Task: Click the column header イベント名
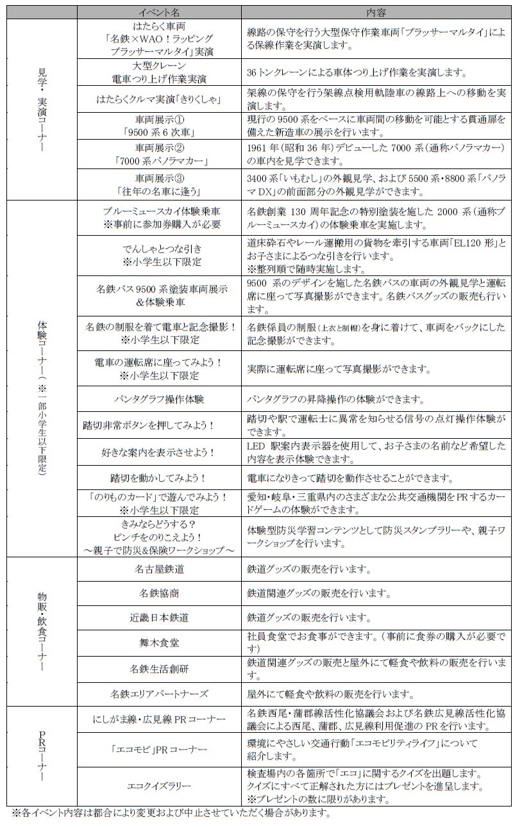click(x=159, y=12)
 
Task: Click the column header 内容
click(x=376, y=12)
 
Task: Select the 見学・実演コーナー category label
click(x=42, y=109)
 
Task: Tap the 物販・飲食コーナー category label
click(x=42, y=631)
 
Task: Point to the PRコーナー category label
click(x=42, y=756)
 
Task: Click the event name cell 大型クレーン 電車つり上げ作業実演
click(x=159, y=72)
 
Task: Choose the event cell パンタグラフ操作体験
click(x=159, y=399)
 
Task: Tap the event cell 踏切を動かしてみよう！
click(x=159, y=478)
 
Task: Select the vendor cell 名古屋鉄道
click(x=159, y=569)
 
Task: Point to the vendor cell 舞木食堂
click(x=159, y=643)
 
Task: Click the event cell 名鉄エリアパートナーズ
click(x=159, y=694)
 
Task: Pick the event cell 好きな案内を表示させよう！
click(x=159, y=452)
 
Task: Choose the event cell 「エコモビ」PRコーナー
click(x=159, y=749)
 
